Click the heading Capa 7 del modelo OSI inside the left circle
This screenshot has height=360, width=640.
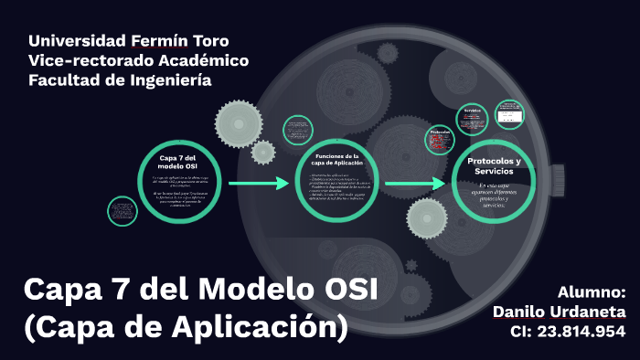[177, 163]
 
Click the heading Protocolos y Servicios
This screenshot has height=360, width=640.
[494, 165]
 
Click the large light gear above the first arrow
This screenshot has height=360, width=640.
[239, 121]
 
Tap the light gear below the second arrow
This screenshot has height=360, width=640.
[425, 218]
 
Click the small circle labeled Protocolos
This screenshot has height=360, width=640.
[440, 139]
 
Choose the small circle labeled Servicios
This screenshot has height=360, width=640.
[472, 117]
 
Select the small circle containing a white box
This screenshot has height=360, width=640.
[508, 114]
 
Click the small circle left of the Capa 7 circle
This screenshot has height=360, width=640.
[123, 211]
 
